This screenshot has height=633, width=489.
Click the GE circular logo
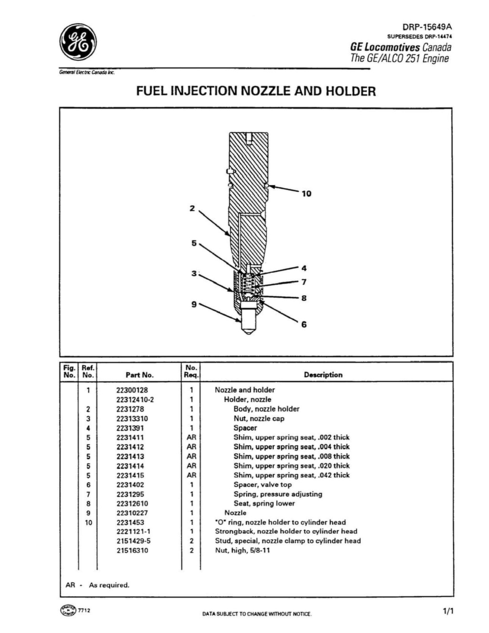tap(78, 42)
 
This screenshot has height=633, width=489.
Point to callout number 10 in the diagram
tap(306, 193)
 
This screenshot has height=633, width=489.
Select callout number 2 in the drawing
tap(192, 208)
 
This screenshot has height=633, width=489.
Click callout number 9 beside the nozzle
tap(194, 304)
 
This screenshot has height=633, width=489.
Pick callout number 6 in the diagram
tap(304, 325)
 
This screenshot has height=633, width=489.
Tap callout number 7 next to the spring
tap(304, 282)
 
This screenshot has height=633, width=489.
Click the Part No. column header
tap(139, 375)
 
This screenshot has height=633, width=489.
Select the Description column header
tap(323, 375)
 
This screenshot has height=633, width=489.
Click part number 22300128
tap(132, 390)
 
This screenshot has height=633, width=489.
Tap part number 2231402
tap(130, 484)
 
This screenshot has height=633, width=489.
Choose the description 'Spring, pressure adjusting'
tap(277, 494)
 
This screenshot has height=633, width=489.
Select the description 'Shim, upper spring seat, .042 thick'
tap(291, 475)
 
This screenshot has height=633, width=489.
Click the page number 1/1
tap(448, 611)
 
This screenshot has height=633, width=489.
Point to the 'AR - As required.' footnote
tap(97, 585)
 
